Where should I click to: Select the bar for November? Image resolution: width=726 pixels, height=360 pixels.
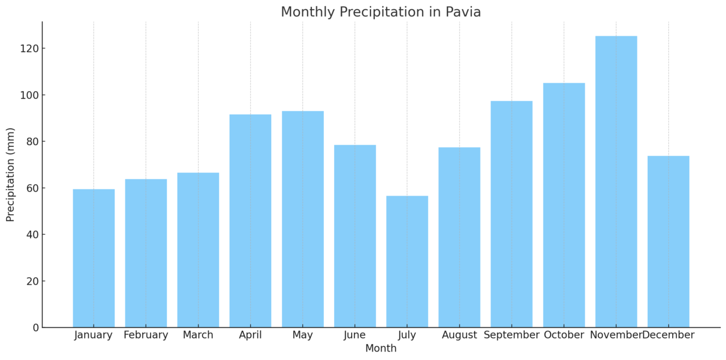click(x=616, y=181)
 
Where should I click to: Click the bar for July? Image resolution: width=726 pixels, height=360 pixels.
click(x=407, y=261)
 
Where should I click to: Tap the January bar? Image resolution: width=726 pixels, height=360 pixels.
click(x=94, y=258)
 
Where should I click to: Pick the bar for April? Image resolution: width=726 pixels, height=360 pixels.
click(x=250, y=221)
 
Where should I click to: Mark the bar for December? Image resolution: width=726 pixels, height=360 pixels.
click(x=668, y=242)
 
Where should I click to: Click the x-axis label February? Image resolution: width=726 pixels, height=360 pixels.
click(x=146, y=335)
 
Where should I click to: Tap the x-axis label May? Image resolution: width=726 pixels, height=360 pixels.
click(x=302, y=335)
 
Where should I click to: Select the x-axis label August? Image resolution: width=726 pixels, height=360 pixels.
click(x=459, y=335)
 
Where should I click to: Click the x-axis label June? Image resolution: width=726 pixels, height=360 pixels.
click(x=354, y=335)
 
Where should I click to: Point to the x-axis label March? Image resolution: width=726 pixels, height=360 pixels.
click(x=198, y=335)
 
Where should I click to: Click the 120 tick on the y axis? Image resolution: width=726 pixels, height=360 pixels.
click(x=31, y=49)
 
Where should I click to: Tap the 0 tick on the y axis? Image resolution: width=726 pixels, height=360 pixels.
click(x=36, y=328)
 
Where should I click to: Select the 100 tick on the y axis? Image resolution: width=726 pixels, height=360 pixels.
click(x=31, y=95)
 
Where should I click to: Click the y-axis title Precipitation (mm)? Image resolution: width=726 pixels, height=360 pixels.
click(x=11, y=175)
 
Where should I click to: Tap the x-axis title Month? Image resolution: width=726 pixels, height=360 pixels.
click(x=381, y=349)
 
